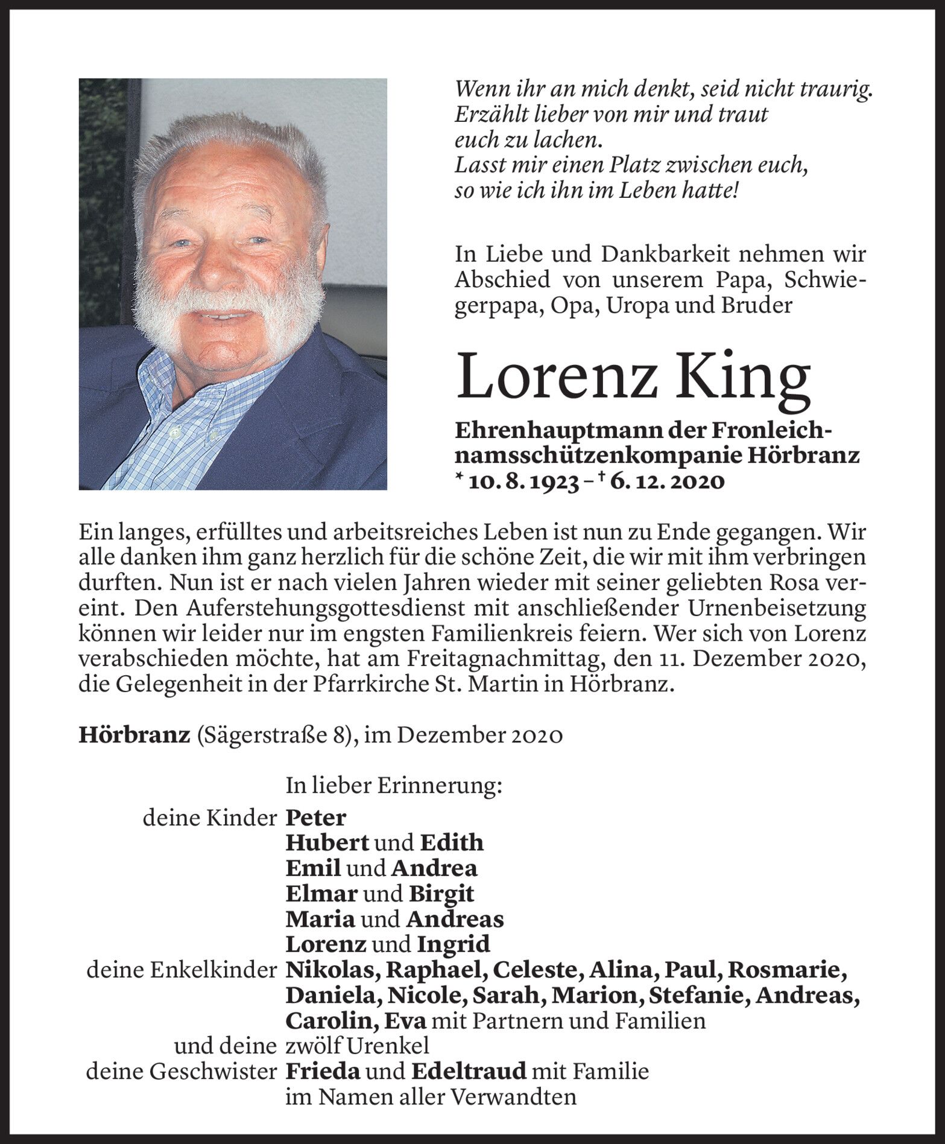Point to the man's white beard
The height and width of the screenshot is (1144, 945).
229,320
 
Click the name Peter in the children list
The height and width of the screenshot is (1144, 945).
316,818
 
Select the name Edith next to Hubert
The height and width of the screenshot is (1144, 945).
452,843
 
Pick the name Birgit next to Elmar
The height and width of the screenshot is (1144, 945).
441,894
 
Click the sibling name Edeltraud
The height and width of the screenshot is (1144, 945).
469,1072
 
